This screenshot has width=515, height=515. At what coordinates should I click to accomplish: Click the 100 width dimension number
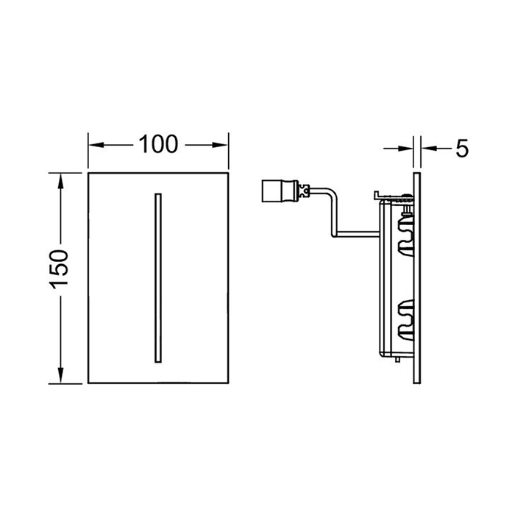pyautogui.click(x=158, y=144)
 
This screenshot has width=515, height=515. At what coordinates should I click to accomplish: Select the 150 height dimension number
pyautogui.click(x=59, y=269)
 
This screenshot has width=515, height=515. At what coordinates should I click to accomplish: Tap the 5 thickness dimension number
pyautogui.click(x=462, y=149)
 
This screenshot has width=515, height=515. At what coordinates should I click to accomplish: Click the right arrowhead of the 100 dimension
pyautogui.click(x=220, y=145)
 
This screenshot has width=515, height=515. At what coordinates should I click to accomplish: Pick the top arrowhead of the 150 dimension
pyautogui.click(x=60, y=181)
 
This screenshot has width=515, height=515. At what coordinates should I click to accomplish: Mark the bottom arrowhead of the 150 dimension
pyautogui.click(x=60, y=375)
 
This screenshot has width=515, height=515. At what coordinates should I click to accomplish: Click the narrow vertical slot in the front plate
pyautogui.click(x=158, y=278)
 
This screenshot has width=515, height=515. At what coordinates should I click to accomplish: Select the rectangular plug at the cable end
pyautogui.click(x=280, y=191)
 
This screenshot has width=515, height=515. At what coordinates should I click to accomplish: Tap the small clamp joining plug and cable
pyautogui.click(x=304, y=191)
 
